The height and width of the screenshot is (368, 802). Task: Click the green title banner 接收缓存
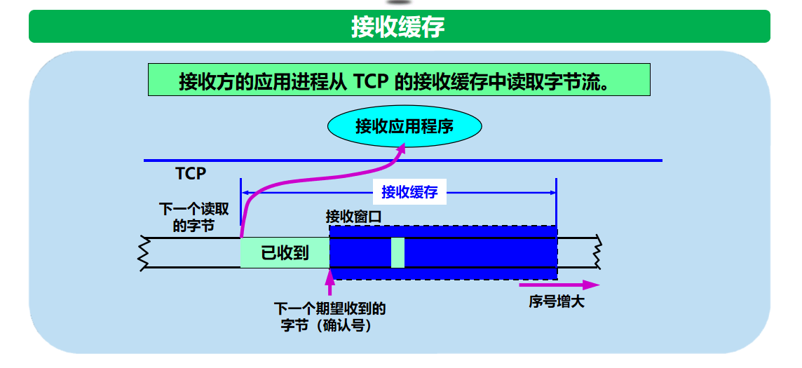tap(398, 27)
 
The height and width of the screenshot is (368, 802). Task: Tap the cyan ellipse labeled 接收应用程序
tap(405, 126)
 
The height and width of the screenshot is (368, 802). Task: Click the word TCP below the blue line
tap(191, 173)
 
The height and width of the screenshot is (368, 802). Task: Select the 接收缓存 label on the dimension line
tap(409, 192)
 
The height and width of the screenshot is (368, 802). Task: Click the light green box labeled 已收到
tap(285, 253)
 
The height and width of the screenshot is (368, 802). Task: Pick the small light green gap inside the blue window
tap(397, 252)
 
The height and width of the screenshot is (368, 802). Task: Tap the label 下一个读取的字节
tap(193, 217)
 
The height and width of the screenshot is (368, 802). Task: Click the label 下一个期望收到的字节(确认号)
tap(329, 317)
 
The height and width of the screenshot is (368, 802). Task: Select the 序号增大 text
tap(557, 302)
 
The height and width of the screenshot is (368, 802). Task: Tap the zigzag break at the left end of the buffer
tap(144, 252)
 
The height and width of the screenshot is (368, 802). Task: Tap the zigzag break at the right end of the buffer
tap(598, 252)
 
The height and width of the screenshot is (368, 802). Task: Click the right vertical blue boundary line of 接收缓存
tap(556, 203)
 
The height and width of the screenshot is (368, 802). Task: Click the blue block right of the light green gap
tap(480, 252)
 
